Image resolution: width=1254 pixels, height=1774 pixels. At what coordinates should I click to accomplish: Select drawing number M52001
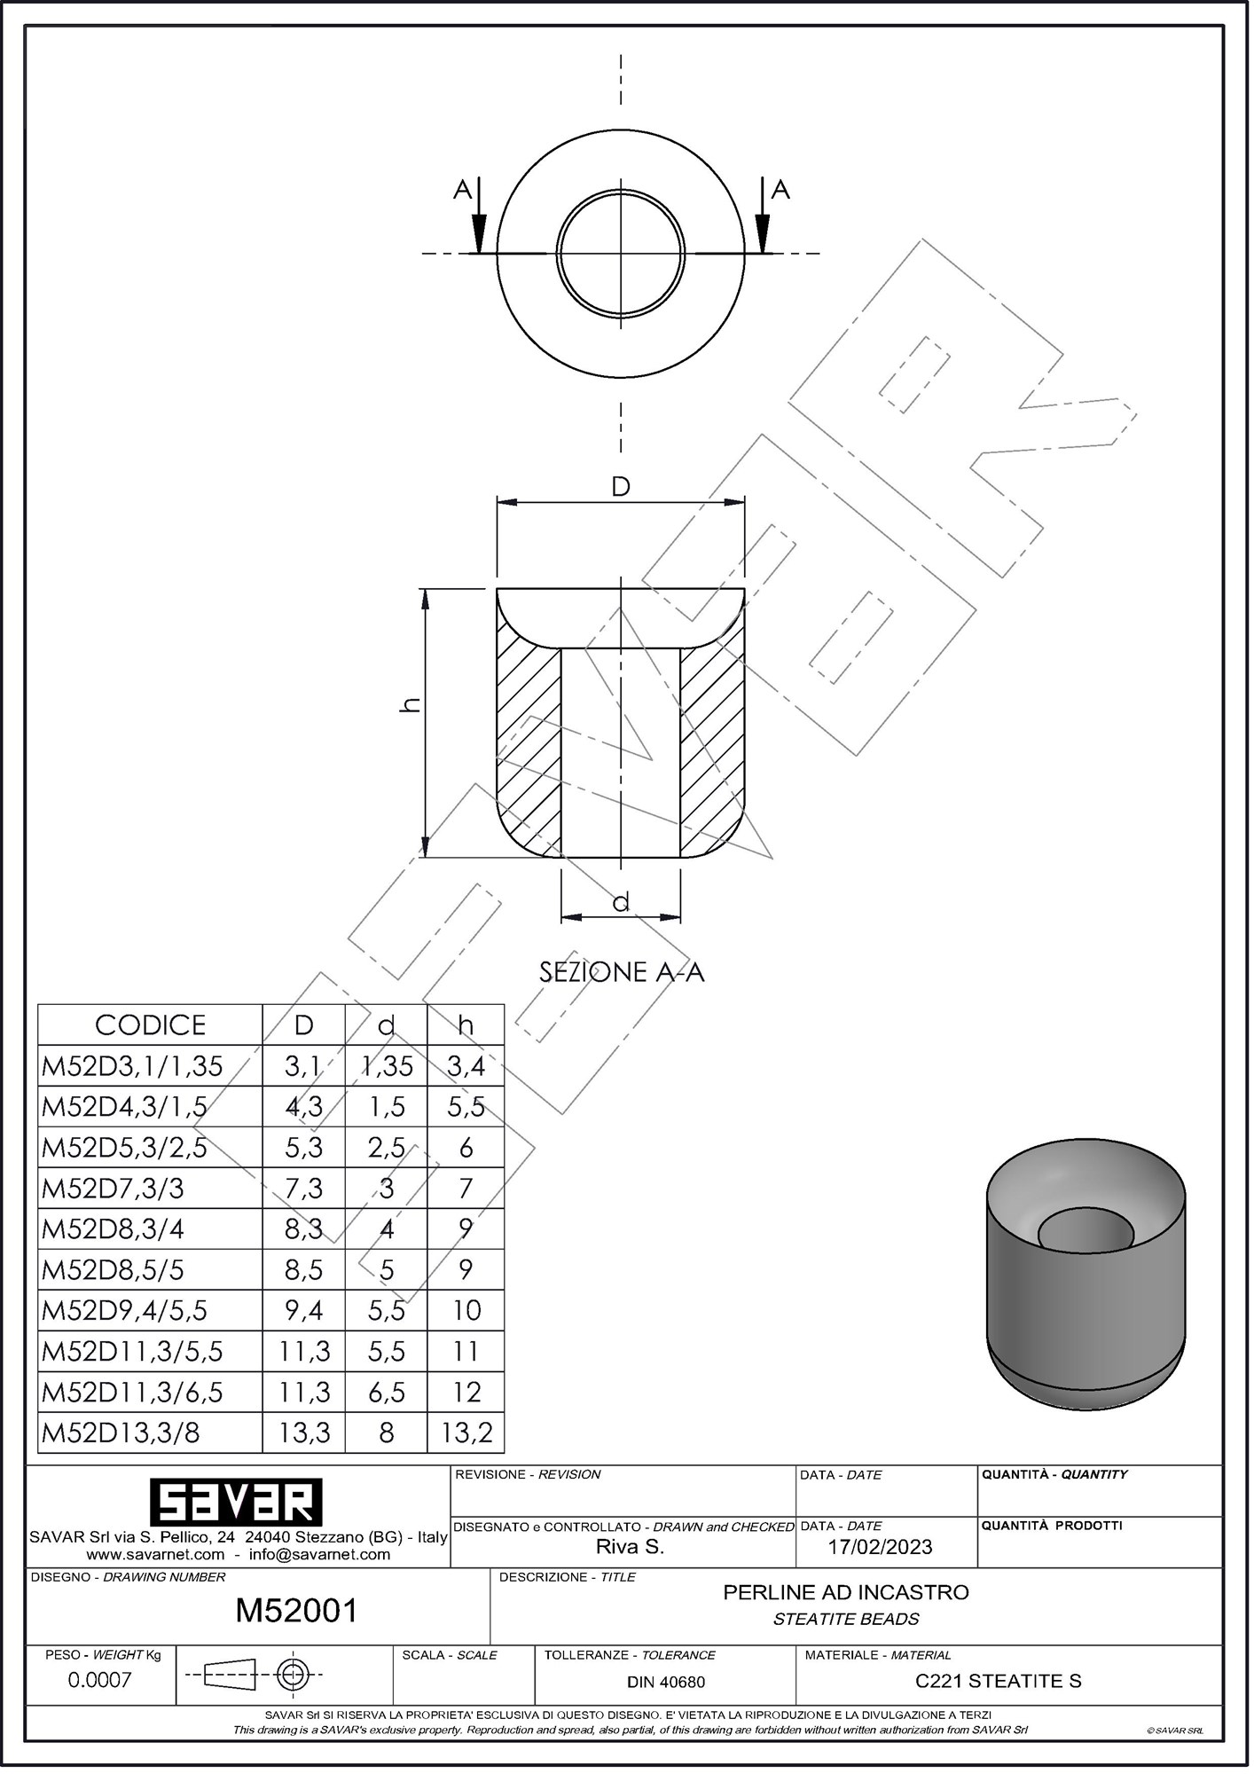click(296, 1611)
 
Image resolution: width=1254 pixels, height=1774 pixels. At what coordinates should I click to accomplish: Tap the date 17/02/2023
click(880, 1547)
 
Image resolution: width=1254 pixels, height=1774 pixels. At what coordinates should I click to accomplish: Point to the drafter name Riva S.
click(630, 1547)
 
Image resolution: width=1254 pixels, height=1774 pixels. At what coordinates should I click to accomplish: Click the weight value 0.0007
click(100, 1680)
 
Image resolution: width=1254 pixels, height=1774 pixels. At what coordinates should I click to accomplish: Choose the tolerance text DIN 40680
click(666, 1682)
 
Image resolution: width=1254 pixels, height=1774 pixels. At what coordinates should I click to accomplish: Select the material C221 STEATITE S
click(998, 1681)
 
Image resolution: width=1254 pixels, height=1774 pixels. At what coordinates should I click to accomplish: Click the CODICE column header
click(150, 1025)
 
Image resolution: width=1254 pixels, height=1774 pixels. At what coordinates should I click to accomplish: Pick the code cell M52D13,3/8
click(121, 1433)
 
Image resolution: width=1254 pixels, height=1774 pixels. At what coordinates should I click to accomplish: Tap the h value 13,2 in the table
click(466, 1433)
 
